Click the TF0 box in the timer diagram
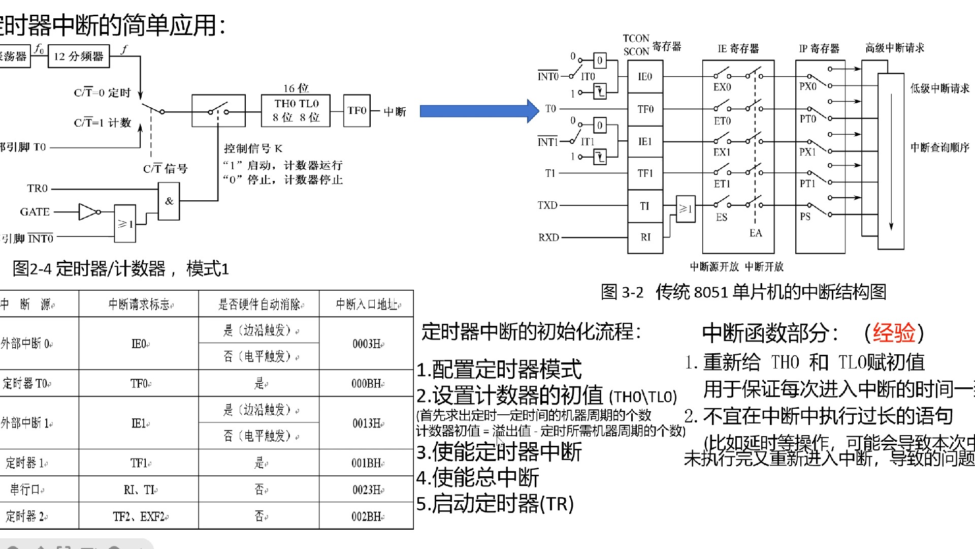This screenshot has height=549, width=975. coord(356,110)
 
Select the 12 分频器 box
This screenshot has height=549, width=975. coord(79,56)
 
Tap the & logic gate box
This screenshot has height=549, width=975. coord(169,201)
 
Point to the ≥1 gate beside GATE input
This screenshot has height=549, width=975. coord(125,223)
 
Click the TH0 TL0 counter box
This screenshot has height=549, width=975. coord(296,110)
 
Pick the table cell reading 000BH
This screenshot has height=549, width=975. coord(367,384)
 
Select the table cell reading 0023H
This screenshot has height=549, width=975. coord(368,490)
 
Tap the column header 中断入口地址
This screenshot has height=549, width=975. coord(367,304)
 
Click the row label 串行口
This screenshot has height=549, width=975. coord(26,490)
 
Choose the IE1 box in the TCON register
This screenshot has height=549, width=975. coord(645,141)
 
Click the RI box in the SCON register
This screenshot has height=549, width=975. coord(645,237)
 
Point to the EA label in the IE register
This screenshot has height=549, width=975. coord(756,233)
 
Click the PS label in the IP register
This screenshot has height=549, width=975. coord(805,217)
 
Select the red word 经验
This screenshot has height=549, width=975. coord(894,333)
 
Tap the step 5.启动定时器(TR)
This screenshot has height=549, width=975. coord(495,504)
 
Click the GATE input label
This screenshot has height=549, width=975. coord(35,212)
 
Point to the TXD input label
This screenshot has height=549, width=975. coord(547,205)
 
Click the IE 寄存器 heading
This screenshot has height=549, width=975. coord(738,49)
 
